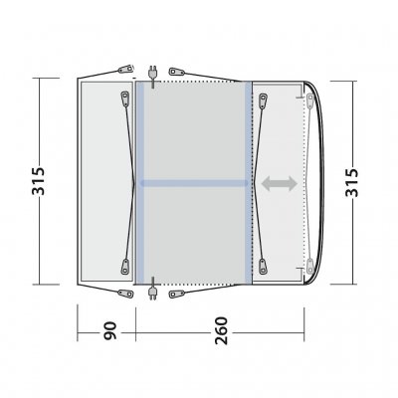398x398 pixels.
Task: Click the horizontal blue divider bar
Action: tap(194, 183)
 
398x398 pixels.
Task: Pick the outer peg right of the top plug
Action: tap(178, 72)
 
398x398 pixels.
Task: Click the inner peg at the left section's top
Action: tap(123, 98)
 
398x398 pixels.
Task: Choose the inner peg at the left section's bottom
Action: tap(123, 268)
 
